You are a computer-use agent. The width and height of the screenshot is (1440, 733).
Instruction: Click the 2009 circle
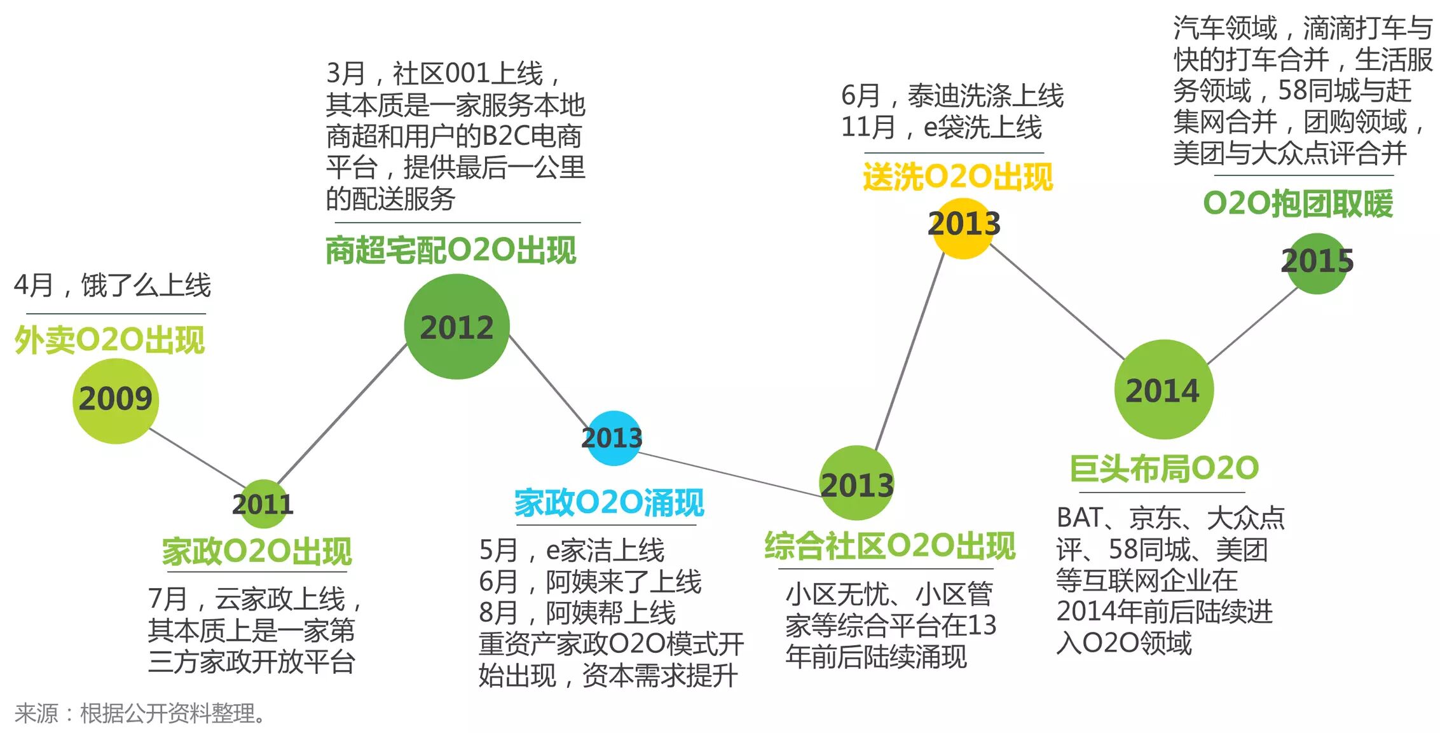click(115, 401)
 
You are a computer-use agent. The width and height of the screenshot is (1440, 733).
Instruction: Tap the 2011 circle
click(263, 504)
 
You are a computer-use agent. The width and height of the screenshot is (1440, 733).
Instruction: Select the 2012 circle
click(456, 327)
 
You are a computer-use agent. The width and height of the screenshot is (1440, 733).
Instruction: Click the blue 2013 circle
click(612, 438)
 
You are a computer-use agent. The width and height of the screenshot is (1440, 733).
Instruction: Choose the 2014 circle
click(1163, 390)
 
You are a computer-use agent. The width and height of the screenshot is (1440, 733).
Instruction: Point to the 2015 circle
click(1317, 262)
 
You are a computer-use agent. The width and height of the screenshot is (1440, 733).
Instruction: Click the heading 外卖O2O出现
click(109, 340)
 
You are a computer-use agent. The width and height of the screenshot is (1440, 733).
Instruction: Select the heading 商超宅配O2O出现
click(451, 250)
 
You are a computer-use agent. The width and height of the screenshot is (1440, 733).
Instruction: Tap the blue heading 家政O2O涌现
click(608, 503)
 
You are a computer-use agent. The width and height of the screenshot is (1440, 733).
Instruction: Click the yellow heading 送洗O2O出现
click(957, 177)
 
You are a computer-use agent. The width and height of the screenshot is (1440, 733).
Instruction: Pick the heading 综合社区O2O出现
click(889, 546)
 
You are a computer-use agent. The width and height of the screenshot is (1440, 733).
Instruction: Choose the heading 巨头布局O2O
click(1163, 469)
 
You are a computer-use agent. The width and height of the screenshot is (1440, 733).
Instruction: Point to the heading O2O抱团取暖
click(1298, 204)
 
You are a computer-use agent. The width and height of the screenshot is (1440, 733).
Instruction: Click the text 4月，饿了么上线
click(112, 285)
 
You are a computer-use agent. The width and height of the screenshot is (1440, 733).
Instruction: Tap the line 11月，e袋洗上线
click(941, 127)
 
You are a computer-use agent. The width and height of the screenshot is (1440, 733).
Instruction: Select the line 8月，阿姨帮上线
click(577, 613)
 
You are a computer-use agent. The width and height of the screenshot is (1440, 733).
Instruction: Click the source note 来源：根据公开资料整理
click(140, 713)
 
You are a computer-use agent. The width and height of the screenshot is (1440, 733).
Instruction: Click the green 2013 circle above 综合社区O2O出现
click(857, 483)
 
